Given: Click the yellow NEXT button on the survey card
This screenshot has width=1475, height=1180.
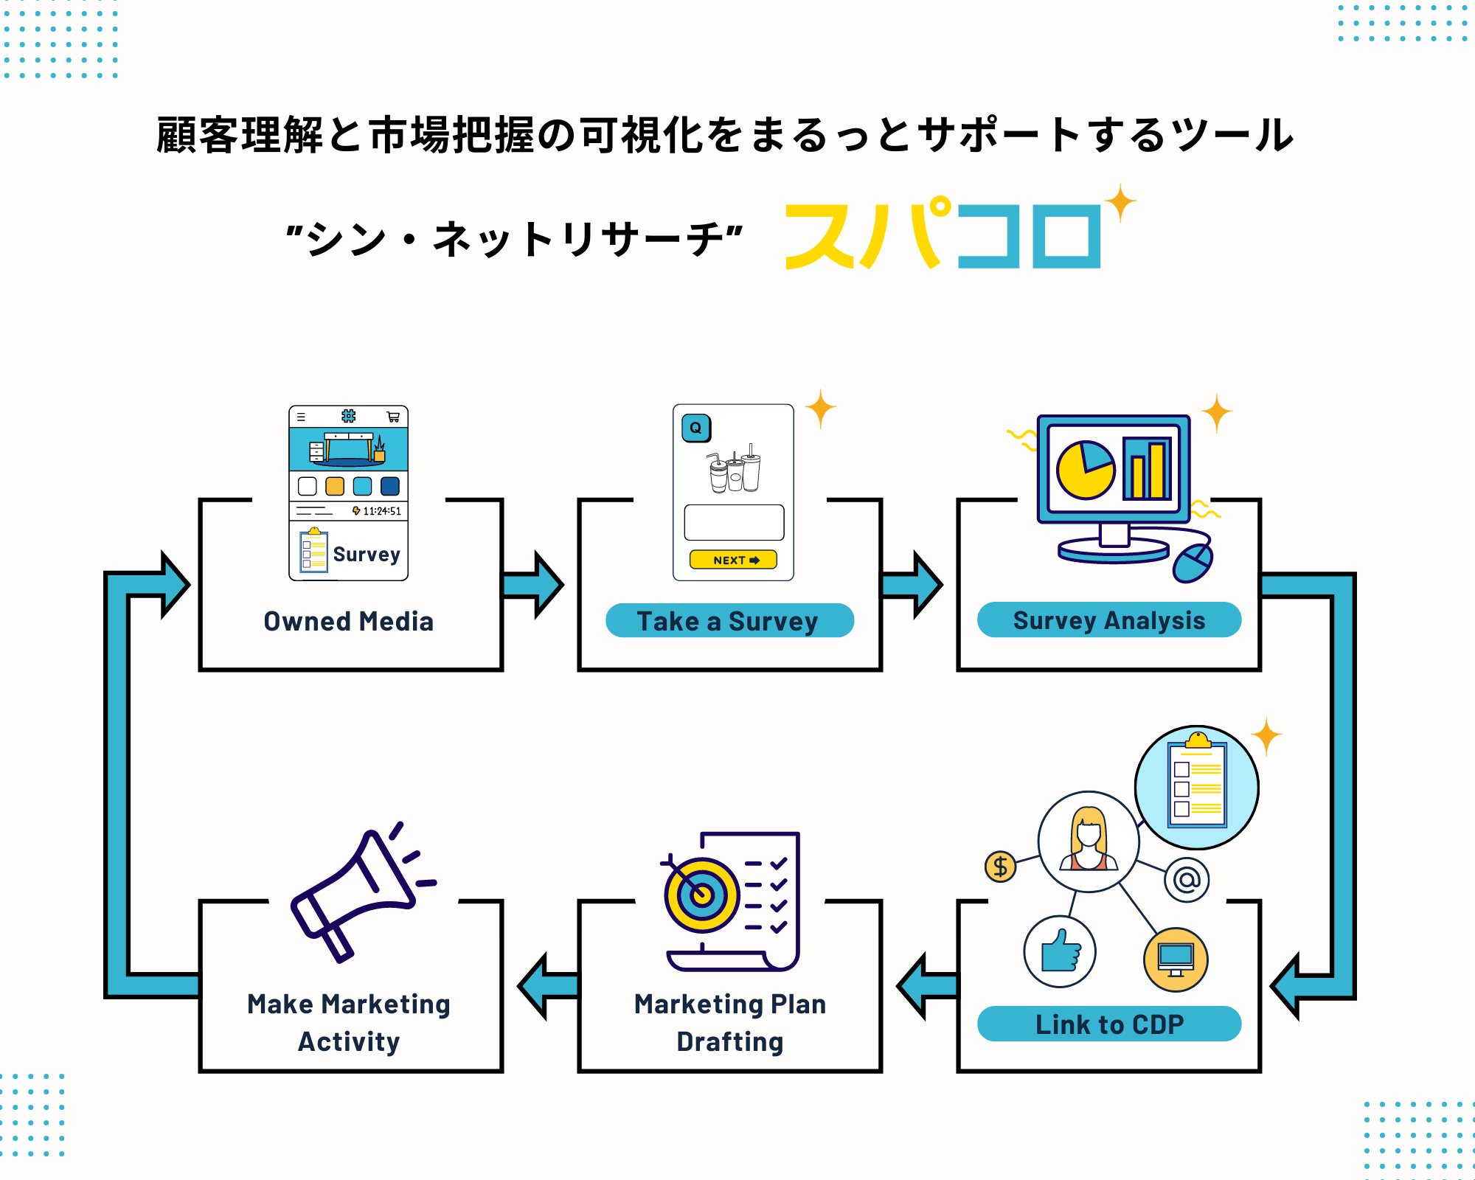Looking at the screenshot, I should pos(733,560).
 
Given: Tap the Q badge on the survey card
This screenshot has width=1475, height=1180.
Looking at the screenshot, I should pos(695,428).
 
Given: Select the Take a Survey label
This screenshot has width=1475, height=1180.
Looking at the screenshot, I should pos(729,621).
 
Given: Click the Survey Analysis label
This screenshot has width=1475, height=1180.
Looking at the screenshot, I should pos(1108,620).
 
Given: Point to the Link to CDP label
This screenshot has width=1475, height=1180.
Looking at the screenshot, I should pos(1108,1024).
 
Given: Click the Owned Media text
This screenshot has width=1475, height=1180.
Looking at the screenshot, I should pos(349,622).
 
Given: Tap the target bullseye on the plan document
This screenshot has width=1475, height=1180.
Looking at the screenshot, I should pos(701,895).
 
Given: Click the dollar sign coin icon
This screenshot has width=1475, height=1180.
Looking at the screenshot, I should pos(1000,866).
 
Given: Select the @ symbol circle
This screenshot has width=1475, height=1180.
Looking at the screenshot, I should pos(1187,879).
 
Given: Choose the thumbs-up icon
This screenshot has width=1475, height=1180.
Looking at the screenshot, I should pos(1060,951).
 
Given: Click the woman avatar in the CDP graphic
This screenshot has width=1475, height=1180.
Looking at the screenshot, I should pos(1089,841).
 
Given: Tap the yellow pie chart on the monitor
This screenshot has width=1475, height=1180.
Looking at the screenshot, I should pos(1085,470).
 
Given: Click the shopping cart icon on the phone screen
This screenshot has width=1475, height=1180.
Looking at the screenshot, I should pos(393,417).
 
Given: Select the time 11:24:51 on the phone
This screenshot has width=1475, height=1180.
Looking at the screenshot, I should pos(381,511).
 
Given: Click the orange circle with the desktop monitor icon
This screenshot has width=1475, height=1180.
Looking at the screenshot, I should pos(1176,959).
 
